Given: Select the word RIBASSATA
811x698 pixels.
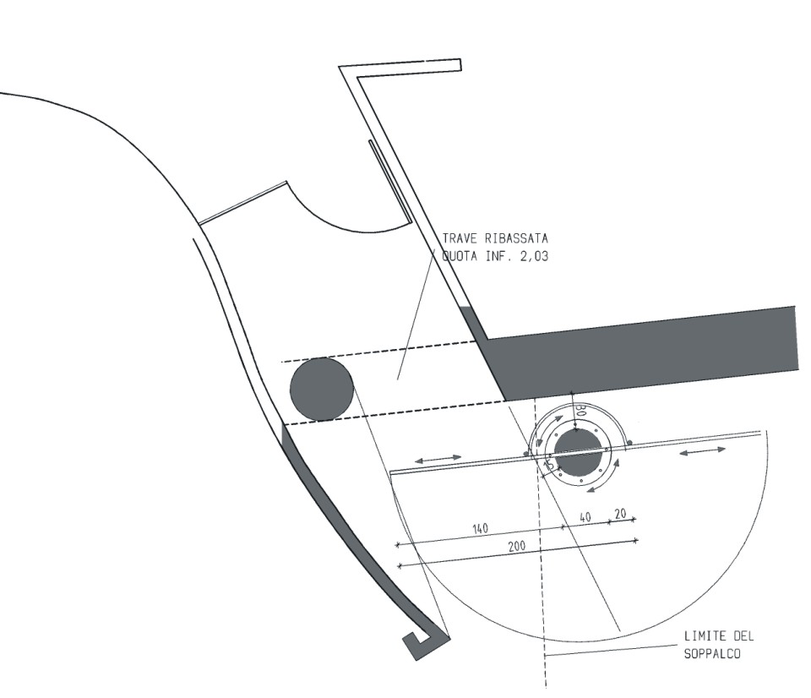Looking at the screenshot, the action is pos(516,238).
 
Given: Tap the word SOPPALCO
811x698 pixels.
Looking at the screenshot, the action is pos(712,654).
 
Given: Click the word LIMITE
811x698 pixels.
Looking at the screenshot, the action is pos(705,636).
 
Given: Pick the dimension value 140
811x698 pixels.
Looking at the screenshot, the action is pos(481,529).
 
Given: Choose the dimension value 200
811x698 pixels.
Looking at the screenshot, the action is pos(517,546).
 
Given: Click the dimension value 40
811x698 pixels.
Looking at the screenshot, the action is pos(585,517).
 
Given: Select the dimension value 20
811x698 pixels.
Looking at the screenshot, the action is pos(620,513).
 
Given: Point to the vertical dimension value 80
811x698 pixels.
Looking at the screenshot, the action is pos(581,412).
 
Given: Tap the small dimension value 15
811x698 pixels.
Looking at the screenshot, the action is pos(550,465).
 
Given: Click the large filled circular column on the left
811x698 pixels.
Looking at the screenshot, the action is pos(322,389).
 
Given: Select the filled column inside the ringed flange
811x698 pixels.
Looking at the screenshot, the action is pos(579,452).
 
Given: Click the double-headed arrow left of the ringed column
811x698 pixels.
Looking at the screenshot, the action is pos(438,459).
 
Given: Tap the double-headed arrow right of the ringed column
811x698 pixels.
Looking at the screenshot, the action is pos(702,452).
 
